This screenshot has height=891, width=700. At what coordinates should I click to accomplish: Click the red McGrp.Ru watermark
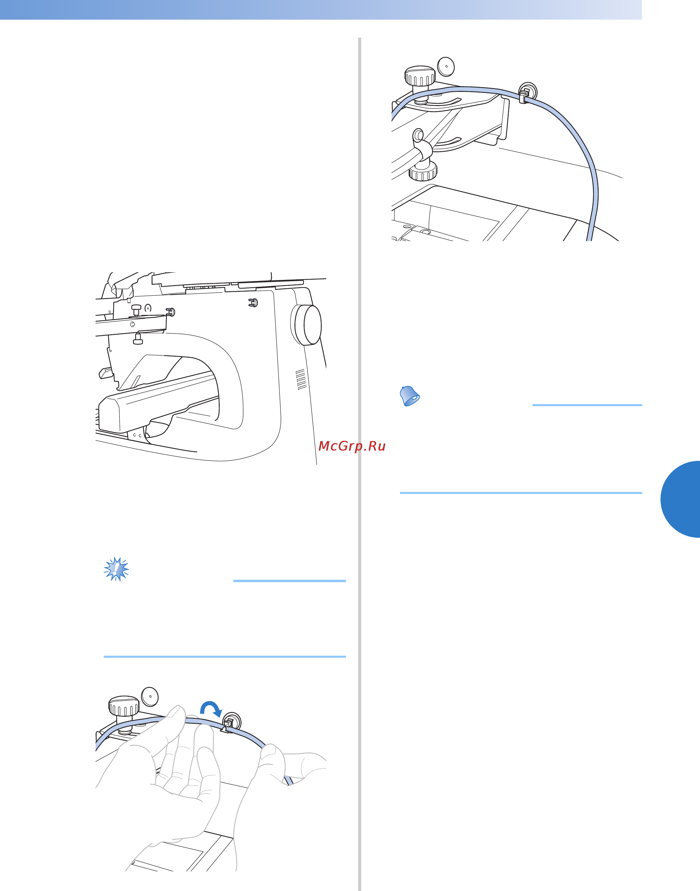click(x=352, y=446)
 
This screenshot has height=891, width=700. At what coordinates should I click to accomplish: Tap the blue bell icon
click(x=409, y=396)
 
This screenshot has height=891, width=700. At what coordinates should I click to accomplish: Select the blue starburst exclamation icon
click(x=116, y=569)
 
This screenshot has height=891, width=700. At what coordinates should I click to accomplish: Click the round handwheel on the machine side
click(x=306, y=325)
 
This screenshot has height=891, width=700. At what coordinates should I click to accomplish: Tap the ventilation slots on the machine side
click(x=301, y=379)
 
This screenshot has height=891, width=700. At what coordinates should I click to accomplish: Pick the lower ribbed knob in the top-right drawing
click(x=423, y=171)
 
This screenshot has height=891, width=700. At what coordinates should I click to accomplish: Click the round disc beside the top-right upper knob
click(x=446, y=66)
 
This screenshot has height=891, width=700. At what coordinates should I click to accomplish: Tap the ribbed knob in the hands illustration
click(x=123, y=706)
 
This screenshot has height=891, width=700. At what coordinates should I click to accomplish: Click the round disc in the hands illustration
click(x=150, y=696)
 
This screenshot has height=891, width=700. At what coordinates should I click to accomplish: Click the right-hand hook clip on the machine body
click(x=253, y=303)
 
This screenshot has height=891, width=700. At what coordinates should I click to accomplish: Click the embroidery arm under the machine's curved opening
click(x=158, y=401)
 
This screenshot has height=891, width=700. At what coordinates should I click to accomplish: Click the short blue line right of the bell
click(x=587, y=405)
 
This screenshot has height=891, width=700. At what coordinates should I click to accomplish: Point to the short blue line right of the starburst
click(x=289, y=581)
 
